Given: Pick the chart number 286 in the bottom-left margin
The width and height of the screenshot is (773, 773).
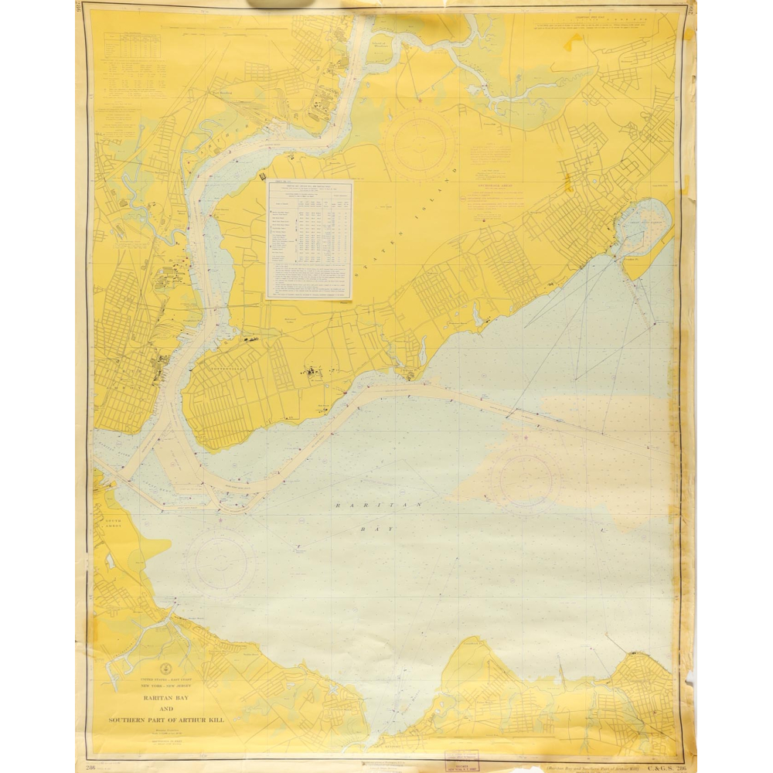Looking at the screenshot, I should point(91,766).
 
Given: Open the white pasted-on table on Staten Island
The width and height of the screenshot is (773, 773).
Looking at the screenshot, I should point(309,239).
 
